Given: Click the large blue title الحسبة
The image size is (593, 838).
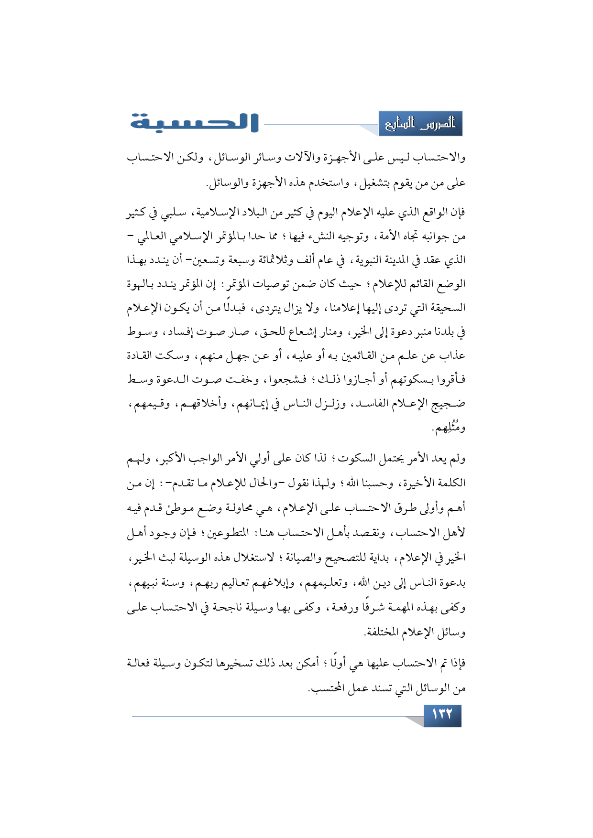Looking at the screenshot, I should coord(194,122).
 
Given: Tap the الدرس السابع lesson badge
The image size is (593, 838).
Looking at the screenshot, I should coord(420,124).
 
